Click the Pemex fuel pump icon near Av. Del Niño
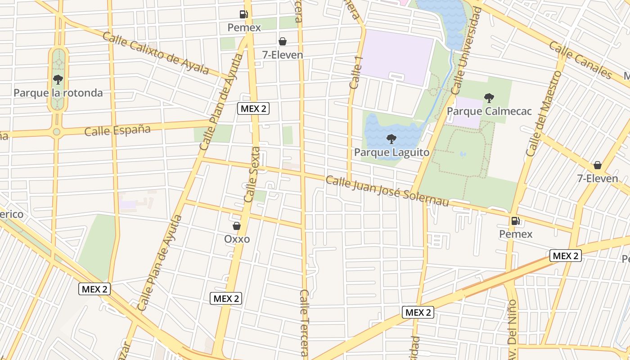[515, 221]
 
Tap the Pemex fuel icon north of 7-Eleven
[243, 14]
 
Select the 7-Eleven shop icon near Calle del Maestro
[597, 165]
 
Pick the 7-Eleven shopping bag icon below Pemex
[282, 42]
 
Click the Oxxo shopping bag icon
[237, 226]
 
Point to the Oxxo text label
[237, 239]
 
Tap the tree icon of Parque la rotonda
[58, 80]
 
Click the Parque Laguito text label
[391, 152]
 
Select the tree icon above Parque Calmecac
[489, 98]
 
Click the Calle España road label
[117, 130]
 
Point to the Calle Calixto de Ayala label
[156, 53]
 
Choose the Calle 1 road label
[355, 69]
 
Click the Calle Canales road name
[580, 60]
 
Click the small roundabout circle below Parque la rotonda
[57, 132]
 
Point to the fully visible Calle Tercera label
[305, 323]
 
